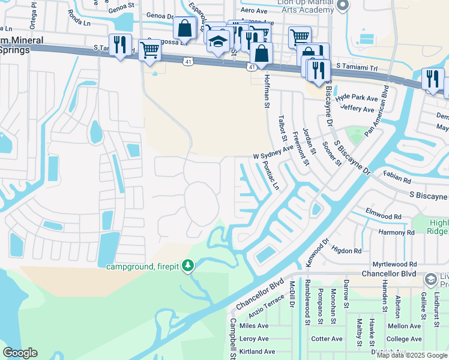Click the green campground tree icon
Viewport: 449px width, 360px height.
tap(188, 265)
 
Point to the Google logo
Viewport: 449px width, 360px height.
tap(20, 353)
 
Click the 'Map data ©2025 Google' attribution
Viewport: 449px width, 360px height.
tap(412, 355)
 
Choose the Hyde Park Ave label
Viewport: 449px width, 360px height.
tap(356, 98)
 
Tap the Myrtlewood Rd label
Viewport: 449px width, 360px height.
tap(394, 264)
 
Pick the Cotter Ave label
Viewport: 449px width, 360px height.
tap(327, 339)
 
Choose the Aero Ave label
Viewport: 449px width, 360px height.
tap(253, 11)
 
